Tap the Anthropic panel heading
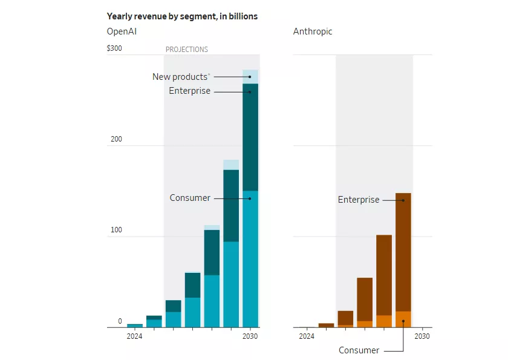[313, 31]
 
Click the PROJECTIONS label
[187, 50]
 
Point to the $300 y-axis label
[114, 48]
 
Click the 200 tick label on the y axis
[116, 139]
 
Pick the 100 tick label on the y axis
[116, 230]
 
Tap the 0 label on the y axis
[120, 321]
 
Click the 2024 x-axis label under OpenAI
[134, 336]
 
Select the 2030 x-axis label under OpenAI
[250, 336]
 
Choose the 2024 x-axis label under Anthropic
[307, 336]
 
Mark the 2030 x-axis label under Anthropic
[422, 336]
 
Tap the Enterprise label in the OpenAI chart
[190, 91]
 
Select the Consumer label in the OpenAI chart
[190, 198]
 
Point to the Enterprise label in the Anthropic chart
[359, 200]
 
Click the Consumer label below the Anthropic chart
[359, 350]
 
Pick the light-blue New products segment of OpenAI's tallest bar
[250, 77]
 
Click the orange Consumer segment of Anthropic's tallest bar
[403, 319]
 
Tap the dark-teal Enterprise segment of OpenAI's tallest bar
[250, 136]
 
